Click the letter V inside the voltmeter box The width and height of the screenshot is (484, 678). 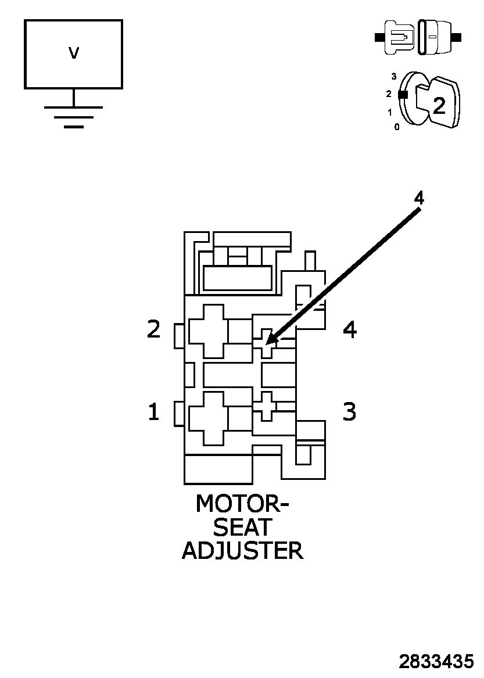[73, 53]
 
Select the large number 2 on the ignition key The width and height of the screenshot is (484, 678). [439, 105]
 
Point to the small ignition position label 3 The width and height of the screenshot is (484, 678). [394, 76]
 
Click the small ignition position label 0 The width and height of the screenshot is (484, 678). [397, 127]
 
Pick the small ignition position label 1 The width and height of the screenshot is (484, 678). [390, 112]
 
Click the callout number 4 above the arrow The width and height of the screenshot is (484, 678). [418, 198]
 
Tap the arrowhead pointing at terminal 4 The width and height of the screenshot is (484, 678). [271, 340]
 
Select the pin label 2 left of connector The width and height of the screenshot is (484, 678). [153, 329]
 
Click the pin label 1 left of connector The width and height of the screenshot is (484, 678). [153, 412]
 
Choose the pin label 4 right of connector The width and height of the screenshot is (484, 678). [349, 329]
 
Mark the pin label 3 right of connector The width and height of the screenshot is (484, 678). [349, 412]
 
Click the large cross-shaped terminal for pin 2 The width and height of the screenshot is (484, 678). [206, 331]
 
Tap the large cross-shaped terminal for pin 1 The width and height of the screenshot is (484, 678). [206, 418]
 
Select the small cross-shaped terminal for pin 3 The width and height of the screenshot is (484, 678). [267, 406]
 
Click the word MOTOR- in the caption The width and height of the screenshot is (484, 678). [242, 504]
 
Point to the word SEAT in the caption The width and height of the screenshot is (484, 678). [242, 527]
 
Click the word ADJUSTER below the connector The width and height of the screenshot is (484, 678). [242, 550]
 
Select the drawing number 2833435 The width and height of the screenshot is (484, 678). [436, 662]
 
